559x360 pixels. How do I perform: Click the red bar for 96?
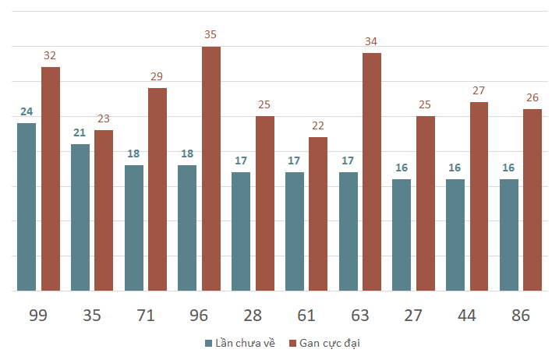(211, 168)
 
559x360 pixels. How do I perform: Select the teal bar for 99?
(27, 206)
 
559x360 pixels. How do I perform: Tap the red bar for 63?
(372, 171)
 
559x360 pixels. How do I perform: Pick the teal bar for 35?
(80, 217)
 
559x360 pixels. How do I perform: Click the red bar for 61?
(318, 214)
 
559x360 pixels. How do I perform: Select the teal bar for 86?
(508, 235)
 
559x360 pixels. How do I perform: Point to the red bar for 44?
(479, 196)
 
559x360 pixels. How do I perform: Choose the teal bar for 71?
(134, 228)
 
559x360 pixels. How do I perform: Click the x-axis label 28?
(253, 316)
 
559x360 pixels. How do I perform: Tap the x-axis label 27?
(413, 316)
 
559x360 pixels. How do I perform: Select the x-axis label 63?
(359, 316)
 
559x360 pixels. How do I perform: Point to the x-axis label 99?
(38, 316)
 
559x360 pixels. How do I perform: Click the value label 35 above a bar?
(211, 35)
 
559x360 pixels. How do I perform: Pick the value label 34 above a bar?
(372, 41)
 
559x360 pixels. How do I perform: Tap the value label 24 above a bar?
(27, 111)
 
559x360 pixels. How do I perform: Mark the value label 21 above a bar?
(80, 132)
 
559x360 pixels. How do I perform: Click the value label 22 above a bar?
(318, 125)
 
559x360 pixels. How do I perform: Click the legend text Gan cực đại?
(330, 344)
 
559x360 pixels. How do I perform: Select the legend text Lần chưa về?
(246, 344)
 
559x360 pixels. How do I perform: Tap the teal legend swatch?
(208, 344)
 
